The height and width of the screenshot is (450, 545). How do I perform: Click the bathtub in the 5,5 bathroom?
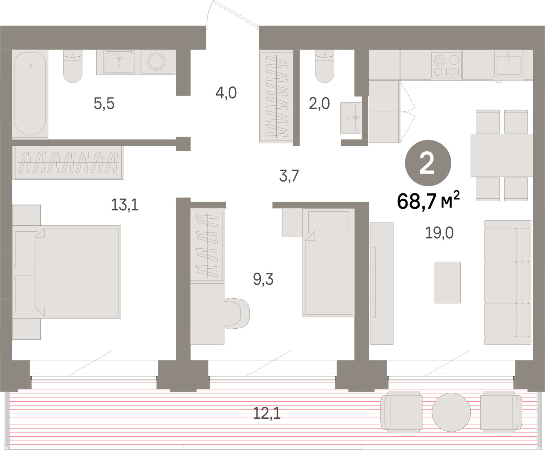(30, 93)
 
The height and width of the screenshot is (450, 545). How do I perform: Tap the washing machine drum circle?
(156, 62)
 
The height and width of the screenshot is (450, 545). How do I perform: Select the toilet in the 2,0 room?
(325, 66)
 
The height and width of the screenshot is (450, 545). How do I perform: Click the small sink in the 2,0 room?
(350, 118)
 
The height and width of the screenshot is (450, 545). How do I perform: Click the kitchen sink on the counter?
(508, 64)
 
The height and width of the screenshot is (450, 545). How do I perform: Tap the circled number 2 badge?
(428, 163)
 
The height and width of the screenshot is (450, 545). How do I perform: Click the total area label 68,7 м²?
(428, 200)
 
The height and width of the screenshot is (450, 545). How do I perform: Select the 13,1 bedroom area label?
(125, 205)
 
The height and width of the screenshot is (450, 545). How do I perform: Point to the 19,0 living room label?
(439, 233)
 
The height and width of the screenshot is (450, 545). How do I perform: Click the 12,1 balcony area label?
(267, 413)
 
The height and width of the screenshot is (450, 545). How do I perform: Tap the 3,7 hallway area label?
(289, 176)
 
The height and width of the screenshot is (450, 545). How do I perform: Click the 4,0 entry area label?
(226, 93)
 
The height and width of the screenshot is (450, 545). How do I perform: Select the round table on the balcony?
(451, 412)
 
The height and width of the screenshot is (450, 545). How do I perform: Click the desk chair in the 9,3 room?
(237, 313)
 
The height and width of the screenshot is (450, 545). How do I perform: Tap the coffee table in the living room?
(447, 282)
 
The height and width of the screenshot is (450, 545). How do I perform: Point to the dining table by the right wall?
(502, 155)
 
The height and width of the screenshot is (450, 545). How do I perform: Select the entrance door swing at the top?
(232, 14)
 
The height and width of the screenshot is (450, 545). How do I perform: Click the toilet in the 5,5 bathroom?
(73, 66)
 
